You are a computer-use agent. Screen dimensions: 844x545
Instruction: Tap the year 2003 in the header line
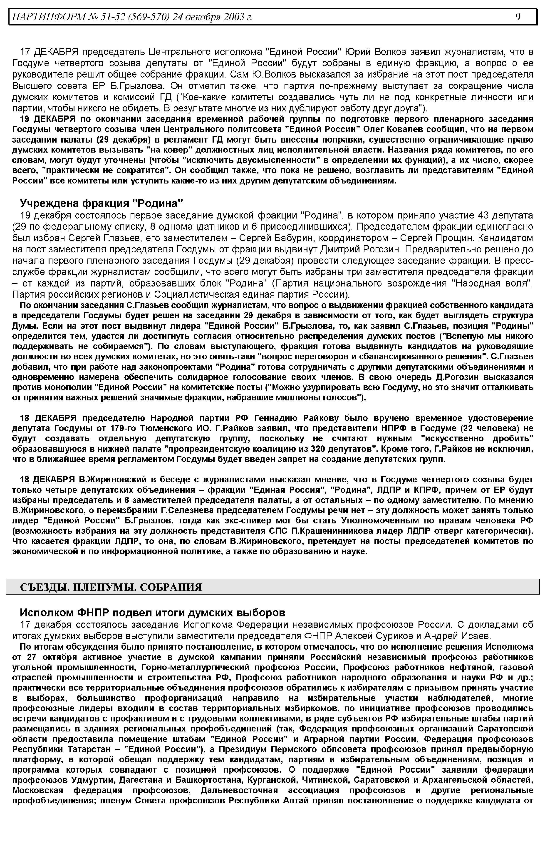(x=234, y=17)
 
